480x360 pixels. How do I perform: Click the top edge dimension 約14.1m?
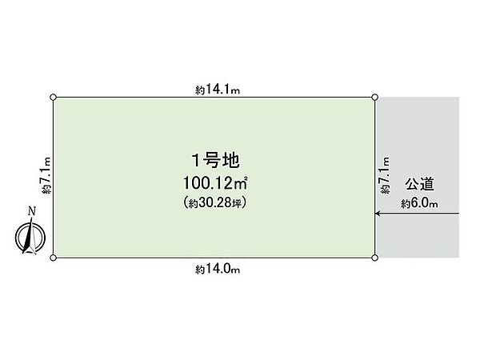coord(218,90)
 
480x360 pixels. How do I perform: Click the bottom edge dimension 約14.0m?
coord(218,269)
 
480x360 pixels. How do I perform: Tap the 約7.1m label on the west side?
coord(46,175)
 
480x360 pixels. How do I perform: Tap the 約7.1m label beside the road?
coord(385,175)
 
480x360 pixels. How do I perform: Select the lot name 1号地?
coord(215,161)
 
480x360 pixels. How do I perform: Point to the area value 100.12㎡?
coord(215,183)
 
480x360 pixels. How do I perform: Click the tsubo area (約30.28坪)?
coord(215,202)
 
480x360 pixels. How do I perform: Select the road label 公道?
coord(419,184)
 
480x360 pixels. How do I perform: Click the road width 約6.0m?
coord(419,203)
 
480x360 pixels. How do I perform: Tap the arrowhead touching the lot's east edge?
coord(378,214)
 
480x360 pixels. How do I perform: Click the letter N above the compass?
coord(32,211)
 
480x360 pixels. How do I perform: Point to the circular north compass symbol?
coord(30,238)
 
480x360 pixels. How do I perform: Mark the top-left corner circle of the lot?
coord(54,98)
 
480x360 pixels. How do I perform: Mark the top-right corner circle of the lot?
coord(374,98)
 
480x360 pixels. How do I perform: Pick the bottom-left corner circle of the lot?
coord(54,258)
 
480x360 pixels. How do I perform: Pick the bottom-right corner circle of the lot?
coord(374,258)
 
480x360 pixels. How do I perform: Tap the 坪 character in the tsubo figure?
coord(237,203)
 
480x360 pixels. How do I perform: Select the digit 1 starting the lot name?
coord(196,161)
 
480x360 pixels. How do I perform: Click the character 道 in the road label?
coord(427,184)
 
